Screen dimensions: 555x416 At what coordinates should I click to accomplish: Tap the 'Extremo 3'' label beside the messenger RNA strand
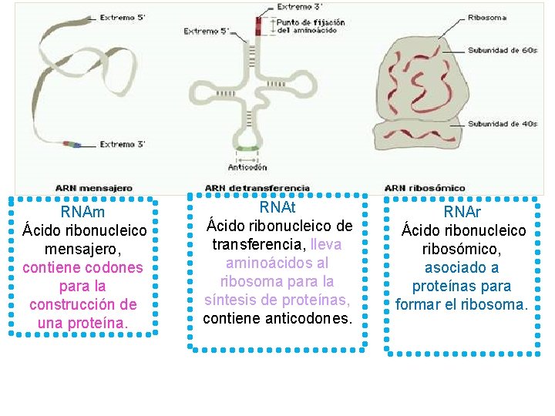123,144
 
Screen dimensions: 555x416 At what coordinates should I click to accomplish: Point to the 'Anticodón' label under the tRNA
247,166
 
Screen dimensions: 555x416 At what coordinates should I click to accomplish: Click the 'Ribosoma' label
487,17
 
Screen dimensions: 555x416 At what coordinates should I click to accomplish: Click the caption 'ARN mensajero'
93,187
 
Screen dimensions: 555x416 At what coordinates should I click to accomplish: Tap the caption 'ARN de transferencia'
257,187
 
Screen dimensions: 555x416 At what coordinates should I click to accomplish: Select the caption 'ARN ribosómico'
425,187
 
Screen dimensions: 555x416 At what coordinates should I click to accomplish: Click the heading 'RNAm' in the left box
83,212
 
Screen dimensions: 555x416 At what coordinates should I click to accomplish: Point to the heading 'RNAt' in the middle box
277,208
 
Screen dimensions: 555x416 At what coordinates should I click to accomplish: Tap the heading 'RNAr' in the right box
462,212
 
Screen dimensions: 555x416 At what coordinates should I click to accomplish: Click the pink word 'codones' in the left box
118,267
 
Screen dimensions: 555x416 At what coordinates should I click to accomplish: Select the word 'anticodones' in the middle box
311,318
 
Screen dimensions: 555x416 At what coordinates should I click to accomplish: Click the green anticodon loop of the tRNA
247,148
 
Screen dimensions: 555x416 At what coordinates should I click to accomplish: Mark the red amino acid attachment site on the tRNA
260,25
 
